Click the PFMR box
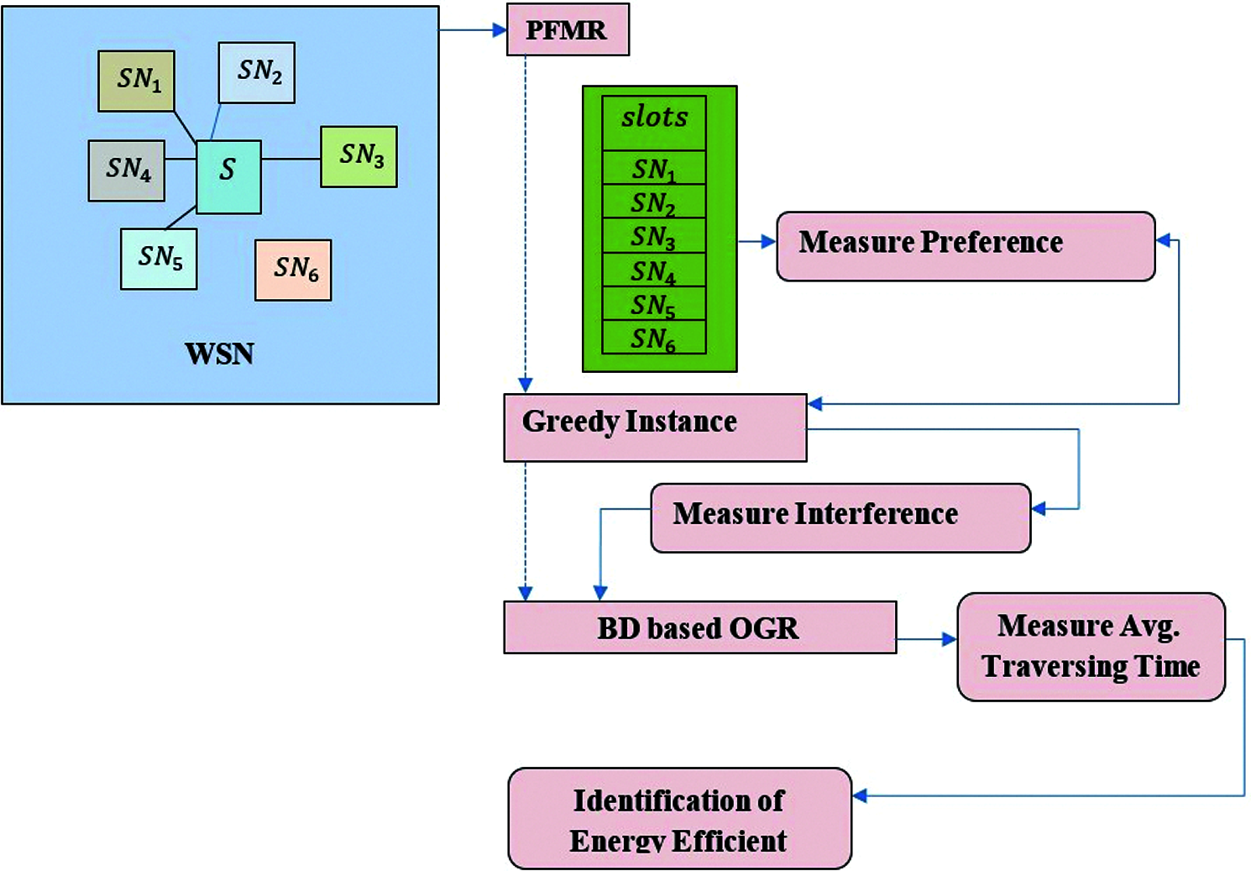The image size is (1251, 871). (568, 29)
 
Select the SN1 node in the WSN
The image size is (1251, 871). (136, 81)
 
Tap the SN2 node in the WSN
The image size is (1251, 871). (256, 72)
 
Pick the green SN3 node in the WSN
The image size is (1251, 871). (359, 156)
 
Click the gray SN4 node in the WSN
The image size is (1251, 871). (127, 171)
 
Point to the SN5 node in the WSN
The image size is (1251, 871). (160, 259)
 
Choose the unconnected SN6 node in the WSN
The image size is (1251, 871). (293, 270)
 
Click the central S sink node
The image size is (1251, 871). (228, 176)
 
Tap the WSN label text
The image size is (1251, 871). (219, 354)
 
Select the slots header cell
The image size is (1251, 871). (654, 123)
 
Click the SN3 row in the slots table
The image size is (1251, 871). (654, 235)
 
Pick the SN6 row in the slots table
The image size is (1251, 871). (654, 337)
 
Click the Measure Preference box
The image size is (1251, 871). (966, 246)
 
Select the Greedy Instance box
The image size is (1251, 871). (655, 428)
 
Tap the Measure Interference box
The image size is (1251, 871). (840, 518)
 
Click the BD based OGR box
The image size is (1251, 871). (699, 627)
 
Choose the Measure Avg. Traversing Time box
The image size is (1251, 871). (1091, 647)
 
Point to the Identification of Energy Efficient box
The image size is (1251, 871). (680, 818)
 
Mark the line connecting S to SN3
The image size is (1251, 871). (291, 160)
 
